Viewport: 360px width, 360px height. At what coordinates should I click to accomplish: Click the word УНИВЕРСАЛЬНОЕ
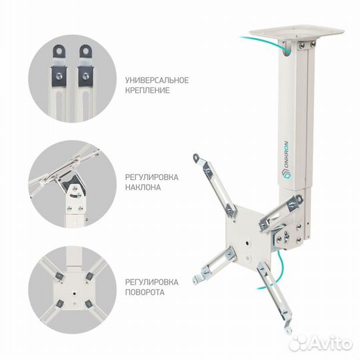(157, 80)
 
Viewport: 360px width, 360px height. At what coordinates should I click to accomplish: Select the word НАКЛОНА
(143, 187)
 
